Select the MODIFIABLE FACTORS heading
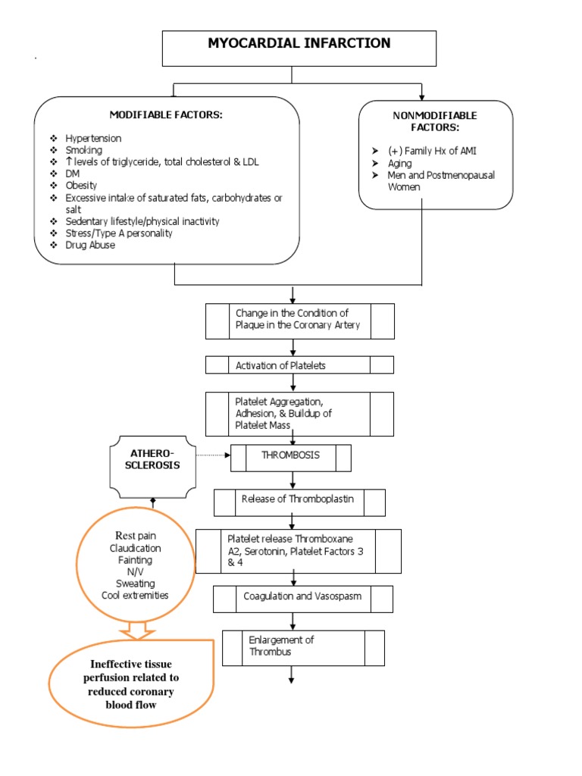pyautogui.click(x=166, y=114)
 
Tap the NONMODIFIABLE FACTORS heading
pyautogui.click(x=435, y=122)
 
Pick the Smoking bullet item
pyautogui.click(x=83, y=150)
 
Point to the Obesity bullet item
pyautogui.click(x=82, y=186)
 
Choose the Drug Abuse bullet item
pyautogui.click(x=90, y=245)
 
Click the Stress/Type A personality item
pyautogui.click(x=118, y=233)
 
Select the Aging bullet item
pyautogui.click(x=399, y=163)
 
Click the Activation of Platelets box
pyautogui.click(x=299, y=365)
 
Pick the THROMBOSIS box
pyautogui.click(x=290, y=455)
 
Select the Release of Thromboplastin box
pyautogui.click(x=299, y=499)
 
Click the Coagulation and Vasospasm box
pyautogui.click(x=302, y=596)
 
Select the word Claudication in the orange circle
pyautogui.click(x=135, y=548)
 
